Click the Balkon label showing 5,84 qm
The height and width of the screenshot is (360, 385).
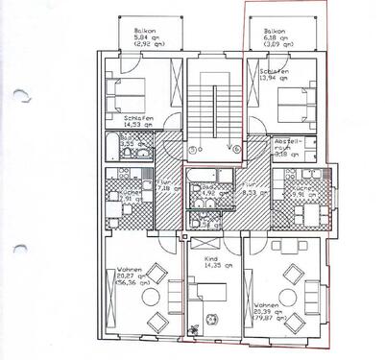point(145,37)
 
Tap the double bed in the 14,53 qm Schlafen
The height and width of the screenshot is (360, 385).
point(132,92)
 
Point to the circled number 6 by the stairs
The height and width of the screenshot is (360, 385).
point(234,150)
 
